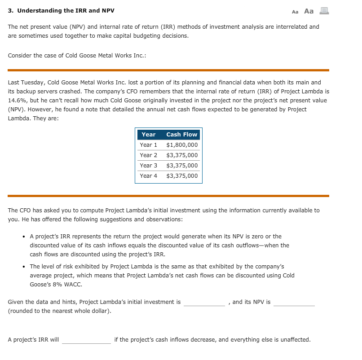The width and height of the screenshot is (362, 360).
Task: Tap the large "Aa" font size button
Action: [309, 11]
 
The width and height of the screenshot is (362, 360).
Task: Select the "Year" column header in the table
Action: [148, 134]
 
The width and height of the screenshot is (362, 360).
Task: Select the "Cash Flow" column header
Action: [181, 134]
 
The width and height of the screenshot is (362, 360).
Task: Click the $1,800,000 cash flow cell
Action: [181, 145]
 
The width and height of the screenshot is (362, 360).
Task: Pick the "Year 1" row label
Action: [148, 145]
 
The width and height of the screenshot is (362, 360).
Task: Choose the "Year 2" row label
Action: [148, 155]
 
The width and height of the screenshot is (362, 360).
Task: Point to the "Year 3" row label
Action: [148, 166]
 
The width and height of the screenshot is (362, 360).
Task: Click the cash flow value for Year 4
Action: [181, 176]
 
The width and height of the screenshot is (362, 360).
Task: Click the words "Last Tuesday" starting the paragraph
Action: [24, 83]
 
